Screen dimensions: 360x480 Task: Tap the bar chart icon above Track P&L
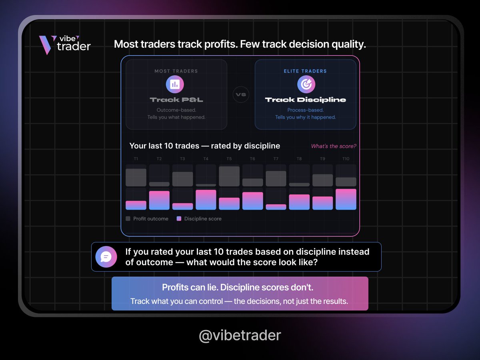click(x=175, y=84)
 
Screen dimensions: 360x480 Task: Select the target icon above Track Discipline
click(x=306, y=84)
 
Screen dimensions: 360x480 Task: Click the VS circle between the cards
click(x=241, y=95)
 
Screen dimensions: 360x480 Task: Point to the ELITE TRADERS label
click(x=306, y=71)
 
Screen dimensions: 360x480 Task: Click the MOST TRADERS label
click(x=176, y=71)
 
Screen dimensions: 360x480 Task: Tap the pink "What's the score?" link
click(x=334, y=146)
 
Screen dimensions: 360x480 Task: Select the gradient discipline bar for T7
click(x=276, y=207)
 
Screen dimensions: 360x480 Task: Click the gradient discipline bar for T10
click(x=346, y=199)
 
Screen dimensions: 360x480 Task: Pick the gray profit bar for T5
click(x=229, y=176)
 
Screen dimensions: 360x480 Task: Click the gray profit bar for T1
click(x=136, y=178)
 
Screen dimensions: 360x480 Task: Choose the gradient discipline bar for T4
click(x=206, y=200)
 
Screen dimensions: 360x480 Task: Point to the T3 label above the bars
click(x=182, y=159)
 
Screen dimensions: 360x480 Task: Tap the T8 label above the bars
click(x=299, y=159)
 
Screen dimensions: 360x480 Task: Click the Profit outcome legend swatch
click(x=128, y=219)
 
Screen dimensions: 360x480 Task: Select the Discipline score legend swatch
click(x=179, y=219)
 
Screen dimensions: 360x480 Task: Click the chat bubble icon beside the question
click(x=106, y=257)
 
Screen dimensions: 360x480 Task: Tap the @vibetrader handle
click(x=240, y=335)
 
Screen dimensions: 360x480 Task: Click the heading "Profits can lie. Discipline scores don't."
click(x=240, y=288)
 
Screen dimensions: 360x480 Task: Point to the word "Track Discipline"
click(x=306, y=100)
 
